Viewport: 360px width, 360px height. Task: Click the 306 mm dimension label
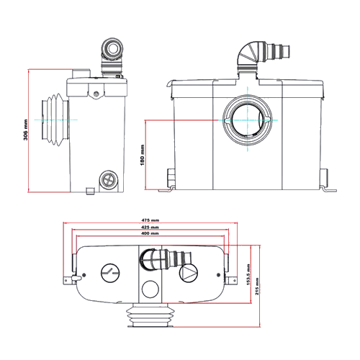pyautogui.click(x=25, y=130)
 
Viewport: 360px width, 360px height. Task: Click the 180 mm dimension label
pyautogui.click(x=142, y=155)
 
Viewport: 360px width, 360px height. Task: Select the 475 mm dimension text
pyautogui.click(x=150, y=220)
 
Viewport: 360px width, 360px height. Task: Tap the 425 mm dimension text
pyautogui.click(x=150, y=227)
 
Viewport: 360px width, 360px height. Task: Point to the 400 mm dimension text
pyautogui.click(x=150, y=233)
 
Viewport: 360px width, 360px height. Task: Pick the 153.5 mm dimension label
pyautogui.click(x=248, y=274)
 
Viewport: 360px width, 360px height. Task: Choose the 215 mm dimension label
pyautogui.click(x=257, y=287)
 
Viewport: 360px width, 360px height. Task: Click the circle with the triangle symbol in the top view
pyautogui.click(x=189, y=273)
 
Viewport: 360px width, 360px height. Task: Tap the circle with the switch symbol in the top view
pyautogui.click(x=110, y=273)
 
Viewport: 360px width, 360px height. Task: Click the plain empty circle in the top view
pyautogui.click(x=150, y=289)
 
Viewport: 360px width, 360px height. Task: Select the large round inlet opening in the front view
pyautogui.click(x=248, y=120)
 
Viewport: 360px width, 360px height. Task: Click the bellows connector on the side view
pyautogui.click(x=55, y=120)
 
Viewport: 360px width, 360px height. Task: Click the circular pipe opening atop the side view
pyautogui.click(x=112, y=48)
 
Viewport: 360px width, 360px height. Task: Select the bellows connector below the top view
pyautogui.click(x=150, y=315)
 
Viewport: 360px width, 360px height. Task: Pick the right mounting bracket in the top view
pyautogui.click(x=231, y=280)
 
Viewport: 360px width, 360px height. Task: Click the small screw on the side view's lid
pyautogui.click(x=96, y=94)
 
